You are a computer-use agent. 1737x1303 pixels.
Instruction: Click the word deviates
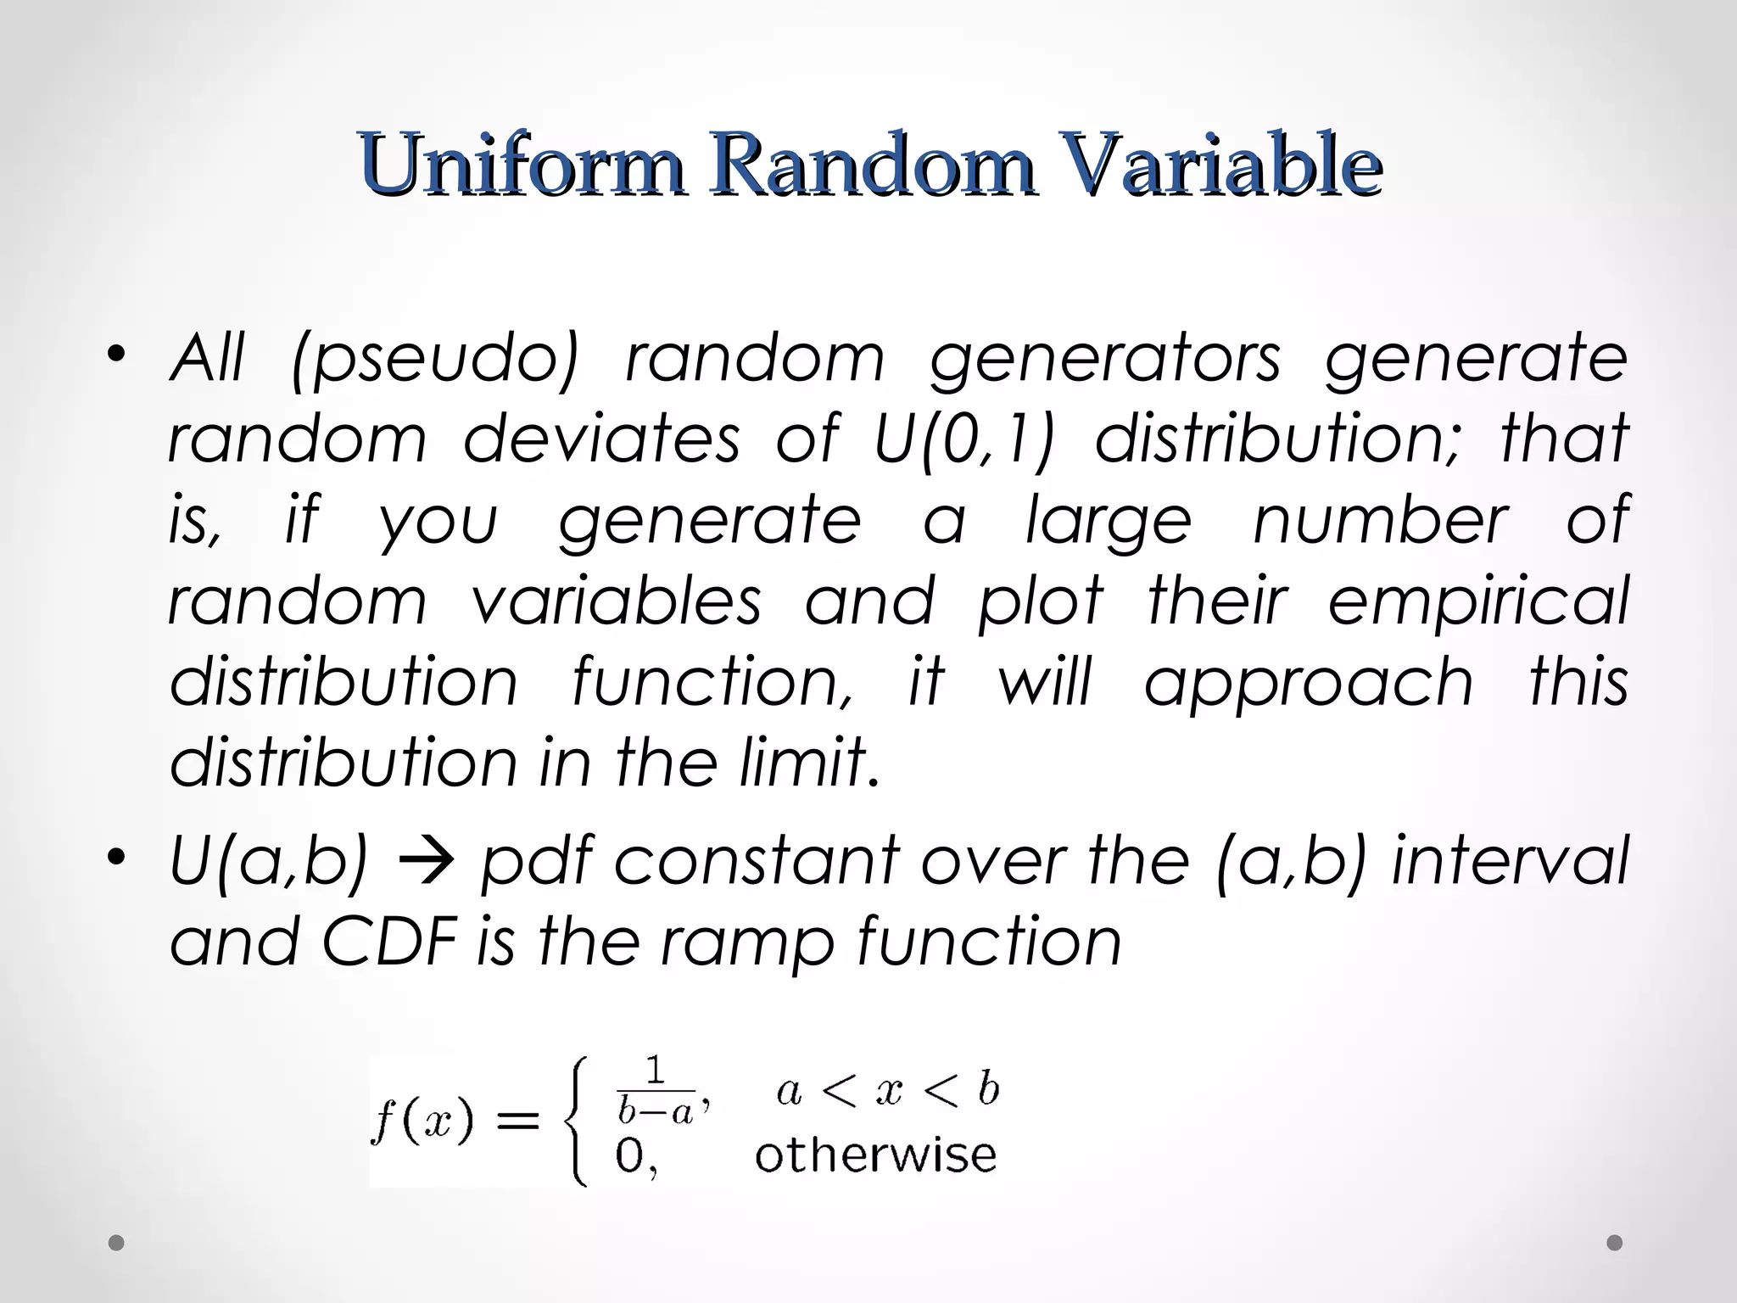[601, 439]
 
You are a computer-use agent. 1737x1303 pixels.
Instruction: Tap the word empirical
[1477, 601]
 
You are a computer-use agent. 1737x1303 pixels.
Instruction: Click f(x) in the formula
[422, 1122]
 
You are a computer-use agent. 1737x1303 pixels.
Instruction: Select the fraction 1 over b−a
[656, 1093]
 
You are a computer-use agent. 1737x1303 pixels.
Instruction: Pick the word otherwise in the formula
[875, 1155]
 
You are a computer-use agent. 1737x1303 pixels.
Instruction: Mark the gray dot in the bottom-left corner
[117, 1244]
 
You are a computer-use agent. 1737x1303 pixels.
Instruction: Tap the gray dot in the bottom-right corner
[1615, 1244]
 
